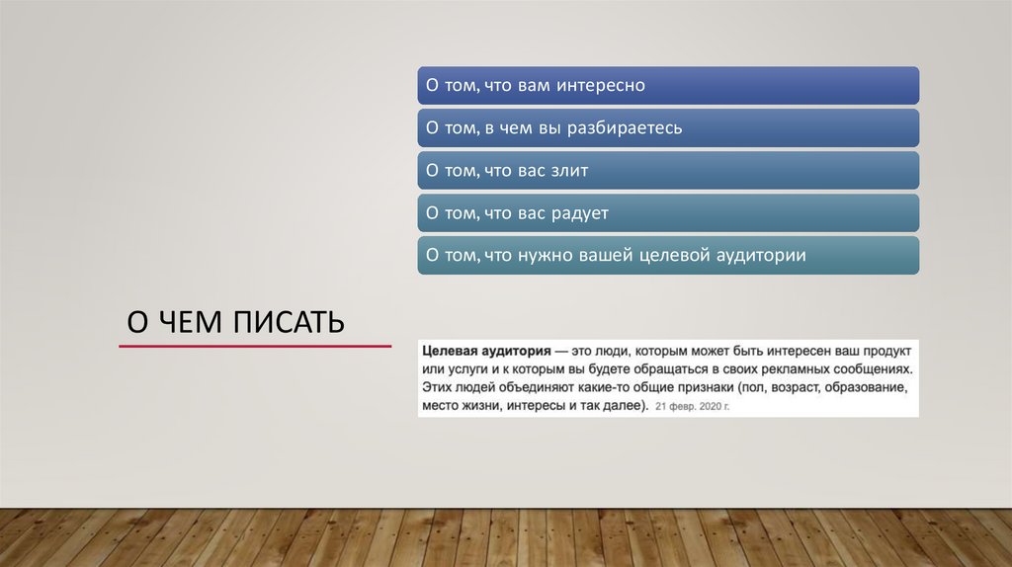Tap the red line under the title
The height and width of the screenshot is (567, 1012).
(254, 347)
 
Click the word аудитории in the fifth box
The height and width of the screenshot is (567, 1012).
(762, 256)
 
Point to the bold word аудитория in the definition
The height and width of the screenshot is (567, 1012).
(516, 351)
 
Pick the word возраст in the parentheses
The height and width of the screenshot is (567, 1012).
(787, 386)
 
